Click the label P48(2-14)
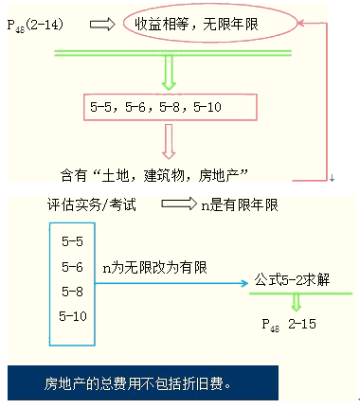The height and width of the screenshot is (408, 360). point(35,25)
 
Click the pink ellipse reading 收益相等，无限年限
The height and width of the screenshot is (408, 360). point(210,23)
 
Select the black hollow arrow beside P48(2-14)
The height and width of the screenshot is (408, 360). point(102,25)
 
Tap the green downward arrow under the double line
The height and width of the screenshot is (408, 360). point(169,73)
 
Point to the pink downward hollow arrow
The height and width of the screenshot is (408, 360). point(169,141)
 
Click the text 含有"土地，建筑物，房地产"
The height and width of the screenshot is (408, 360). point(154,175)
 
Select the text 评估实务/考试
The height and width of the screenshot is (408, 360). point(91,204)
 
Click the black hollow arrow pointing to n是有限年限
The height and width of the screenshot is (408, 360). point(179,204)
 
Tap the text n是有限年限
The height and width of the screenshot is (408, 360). point(240,205)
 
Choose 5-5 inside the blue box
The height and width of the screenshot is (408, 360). point(72,241)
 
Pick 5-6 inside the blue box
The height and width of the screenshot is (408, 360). point(72,267)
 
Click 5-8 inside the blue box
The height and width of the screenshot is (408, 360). point(72,292)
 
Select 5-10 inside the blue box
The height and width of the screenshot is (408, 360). point(73,316)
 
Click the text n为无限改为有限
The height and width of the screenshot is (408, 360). point(154,268)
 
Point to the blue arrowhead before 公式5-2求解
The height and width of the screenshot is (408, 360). point(244,283)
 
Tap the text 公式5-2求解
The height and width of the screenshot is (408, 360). point(292,279)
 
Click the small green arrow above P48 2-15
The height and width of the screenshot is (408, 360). point(297,302)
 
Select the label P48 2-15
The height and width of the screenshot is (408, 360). point(289,325)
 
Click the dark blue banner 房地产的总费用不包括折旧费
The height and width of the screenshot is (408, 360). point(143,382)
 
